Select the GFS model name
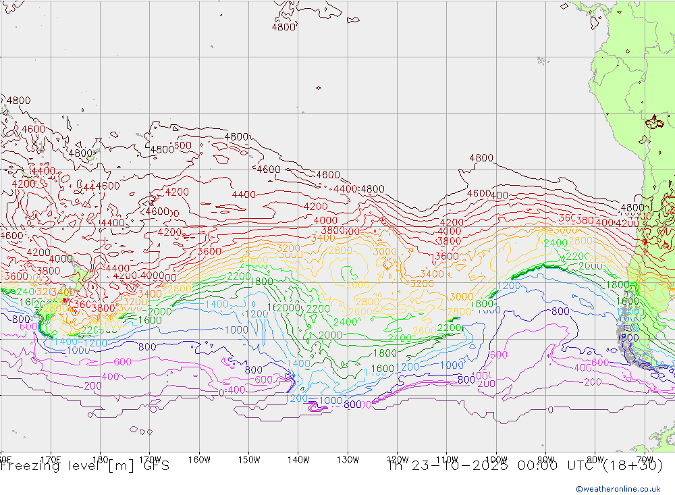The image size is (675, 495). click(x=155, y=465)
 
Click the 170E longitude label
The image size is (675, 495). click(x=51, y=460)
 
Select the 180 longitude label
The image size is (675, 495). click(x=100, y=460)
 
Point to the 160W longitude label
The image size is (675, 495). click(x=199, y=460)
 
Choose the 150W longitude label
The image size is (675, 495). click(x=249, y=460)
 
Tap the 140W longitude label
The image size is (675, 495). click(x=298, y=460)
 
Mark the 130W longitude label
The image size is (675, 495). click(x=348, y=460)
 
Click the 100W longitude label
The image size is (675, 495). click(x=496, y=460)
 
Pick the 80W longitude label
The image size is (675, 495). click(x=595, y=460)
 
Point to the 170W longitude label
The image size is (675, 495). click(x=150, y=460)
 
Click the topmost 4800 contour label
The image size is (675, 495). click(x=283, y=27)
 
